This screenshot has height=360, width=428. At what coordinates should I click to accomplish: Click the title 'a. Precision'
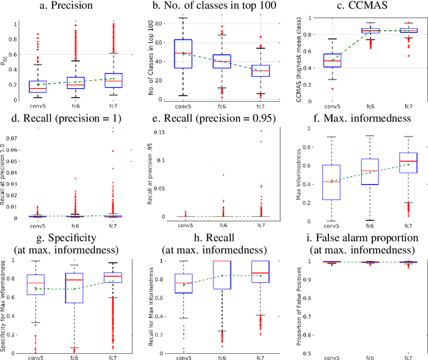coord(68,7)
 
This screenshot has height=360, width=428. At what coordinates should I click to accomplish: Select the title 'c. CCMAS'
coord(360,7)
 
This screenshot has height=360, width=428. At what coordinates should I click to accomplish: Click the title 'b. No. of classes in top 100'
coord(213,7)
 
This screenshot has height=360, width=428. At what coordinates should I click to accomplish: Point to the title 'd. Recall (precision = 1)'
coord(68,123)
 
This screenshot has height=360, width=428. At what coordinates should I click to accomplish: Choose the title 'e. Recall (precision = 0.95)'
coord(213,123)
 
